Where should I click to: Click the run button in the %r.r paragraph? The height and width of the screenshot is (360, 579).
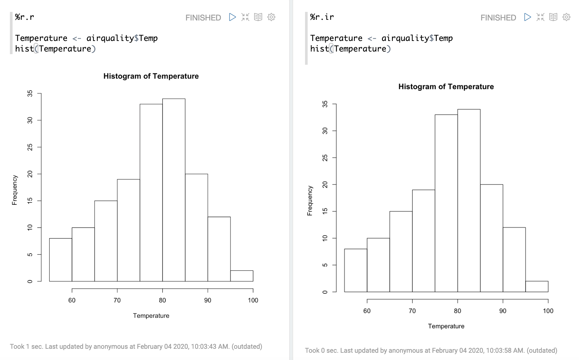tap(232, 17)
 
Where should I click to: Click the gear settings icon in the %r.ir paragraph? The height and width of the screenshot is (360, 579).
tap(566, 17)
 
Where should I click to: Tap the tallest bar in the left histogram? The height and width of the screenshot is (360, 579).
tap(174, 190)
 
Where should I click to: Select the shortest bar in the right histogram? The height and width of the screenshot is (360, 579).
tap(537, 287)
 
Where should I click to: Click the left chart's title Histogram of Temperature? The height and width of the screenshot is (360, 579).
tap(151, 76)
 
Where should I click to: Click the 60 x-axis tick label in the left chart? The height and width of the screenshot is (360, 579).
tap(72, 300)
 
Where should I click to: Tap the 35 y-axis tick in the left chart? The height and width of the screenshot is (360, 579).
tap(30, 94)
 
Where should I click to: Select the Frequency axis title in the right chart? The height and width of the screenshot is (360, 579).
tap(310, 201)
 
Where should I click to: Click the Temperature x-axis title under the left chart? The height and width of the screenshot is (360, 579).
tap(151, 316)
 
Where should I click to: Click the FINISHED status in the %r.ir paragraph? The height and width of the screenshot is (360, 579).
tap(498, 18)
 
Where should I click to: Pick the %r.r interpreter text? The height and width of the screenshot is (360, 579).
tap(24, 17)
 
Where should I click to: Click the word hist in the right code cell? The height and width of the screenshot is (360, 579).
tap(320, 49)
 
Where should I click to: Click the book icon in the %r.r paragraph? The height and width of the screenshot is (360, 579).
tap(258, 17)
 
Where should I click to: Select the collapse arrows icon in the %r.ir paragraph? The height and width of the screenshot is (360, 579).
tap(540, 17)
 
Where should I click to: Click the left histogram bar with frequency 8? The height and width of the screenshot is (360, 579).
tap(61, 260)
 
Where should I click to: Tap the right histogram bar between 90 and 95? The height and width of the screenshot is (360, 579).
tap(514, 260)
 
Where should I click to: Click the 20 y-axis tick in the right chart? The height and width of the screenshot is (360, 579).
tap(325, 185)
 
